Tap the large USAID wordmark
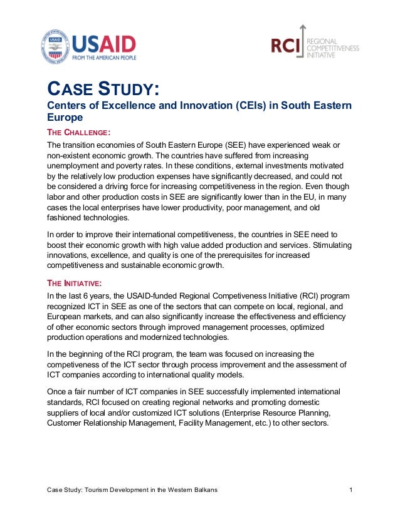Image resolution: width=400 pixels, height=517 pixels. pos(104,44)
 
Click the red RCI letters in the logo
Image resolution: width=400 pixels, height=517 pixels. pos(285,45)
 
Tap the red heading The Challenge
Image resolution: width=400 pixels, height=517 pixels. pos(80,132)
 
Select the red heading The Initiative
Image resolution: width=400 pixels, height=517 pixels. pos(76,282)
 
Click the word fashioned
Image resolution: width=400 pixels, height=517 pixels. pos(67,218)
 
